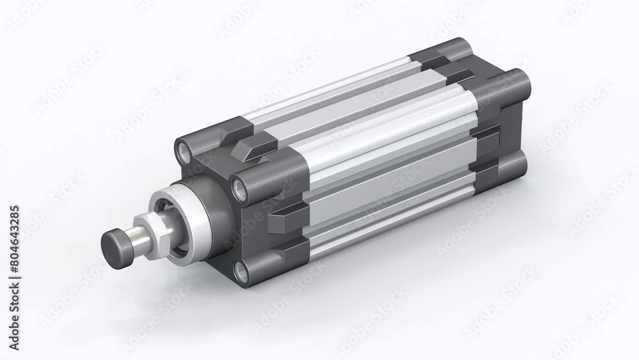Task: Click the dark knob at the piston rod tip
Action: click(115, 246)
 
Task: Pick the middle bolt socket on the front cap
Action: click(241, 188)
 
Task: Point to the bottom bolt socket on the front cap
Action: click(242, 272)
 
